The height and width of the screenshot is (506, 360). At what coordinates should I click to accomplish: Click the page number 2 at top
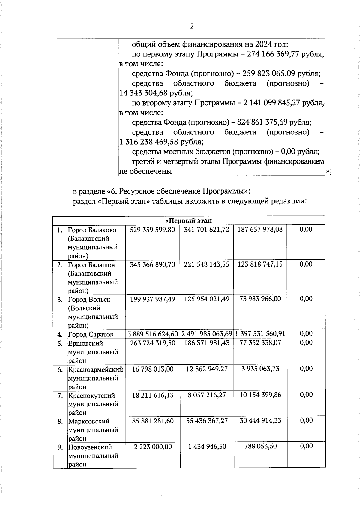[192, 26]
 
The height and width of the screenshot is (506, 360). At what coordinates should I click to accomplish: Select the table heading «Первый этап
[189, 221]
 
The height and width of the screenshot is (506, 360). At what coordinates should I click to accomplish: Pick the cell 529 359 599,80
[153, 230]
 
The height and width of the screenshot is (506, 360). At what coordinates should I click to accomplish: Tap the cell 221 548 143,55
[207, 264]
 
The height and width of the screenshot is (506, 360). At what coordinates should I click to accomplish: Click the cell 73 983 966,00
[260, 299]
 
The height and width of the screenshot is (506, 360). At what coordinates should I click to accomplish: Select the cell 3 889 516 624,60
[153, 334]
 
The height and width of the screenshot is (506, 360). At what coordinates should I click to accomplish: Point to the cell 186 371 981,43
[207, 343]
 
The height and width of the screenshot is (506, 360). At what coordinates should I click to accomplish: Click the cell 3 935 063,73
[260, 369]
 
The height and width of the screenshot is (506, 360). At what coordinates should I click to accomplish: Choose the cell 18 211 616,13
[153, 395]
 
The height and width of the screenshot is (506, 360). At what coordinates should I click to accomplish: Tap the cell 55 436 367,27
[207, 421]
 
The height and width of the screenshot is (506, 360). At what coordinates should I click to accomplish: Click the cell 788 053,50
[260, 447]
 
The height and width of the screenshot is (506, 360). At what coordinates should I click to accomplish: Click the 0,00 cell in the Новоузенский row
[306, 447]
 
